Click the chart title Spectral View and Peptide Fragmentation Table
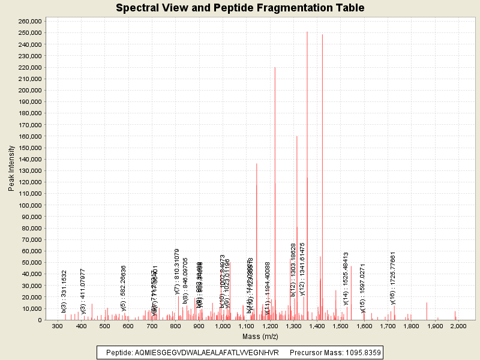pyautogui.click(x=240, y=8)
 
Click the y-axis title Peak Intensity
pyautogui.click(x=11, y=170)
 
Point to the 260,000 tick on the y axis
pyautogui.click(x=29, y=21)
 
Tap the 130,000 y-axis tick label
pyautogui.click(x=29, y=170)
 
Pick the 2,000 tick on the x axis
pyautogui.click(x=458, y=326)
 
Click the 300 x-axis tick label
pyautogui.click(x=57, y=326)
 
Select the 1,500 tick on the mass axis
pyautogui.click(x=340, y=326)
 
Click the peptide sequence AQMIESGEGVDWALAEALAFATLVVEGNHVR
pyautogui.click(x=192, y=352)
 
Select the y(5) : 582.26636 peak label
pyautogui.click(x=123, y=287)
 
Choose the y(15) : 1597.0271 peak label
pyautogui.click(x=363, y=289)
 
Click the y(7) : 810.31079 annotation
pyautogui.click(x=177, y=272)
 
